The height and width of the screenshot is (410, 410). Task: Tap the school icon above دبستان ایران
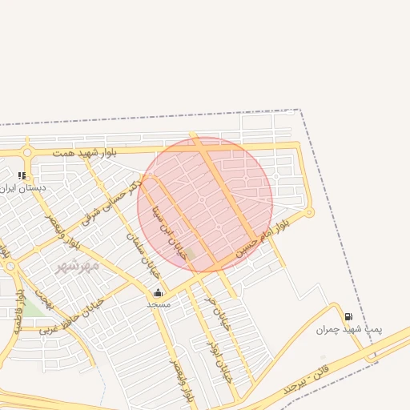tap(22, 175)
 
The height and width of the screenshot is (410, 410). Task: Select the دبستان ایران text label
tap(23, 187)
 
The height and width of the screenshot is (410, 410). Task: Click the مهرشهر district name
tap(77, 265)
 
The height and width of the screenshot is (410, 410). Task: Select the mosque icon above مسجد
tap(158, 292)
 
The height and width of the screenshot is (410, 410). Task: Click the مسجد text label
tap(158, 305)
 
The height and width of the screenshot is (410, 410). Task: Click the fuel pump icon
tap(348, 316)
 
